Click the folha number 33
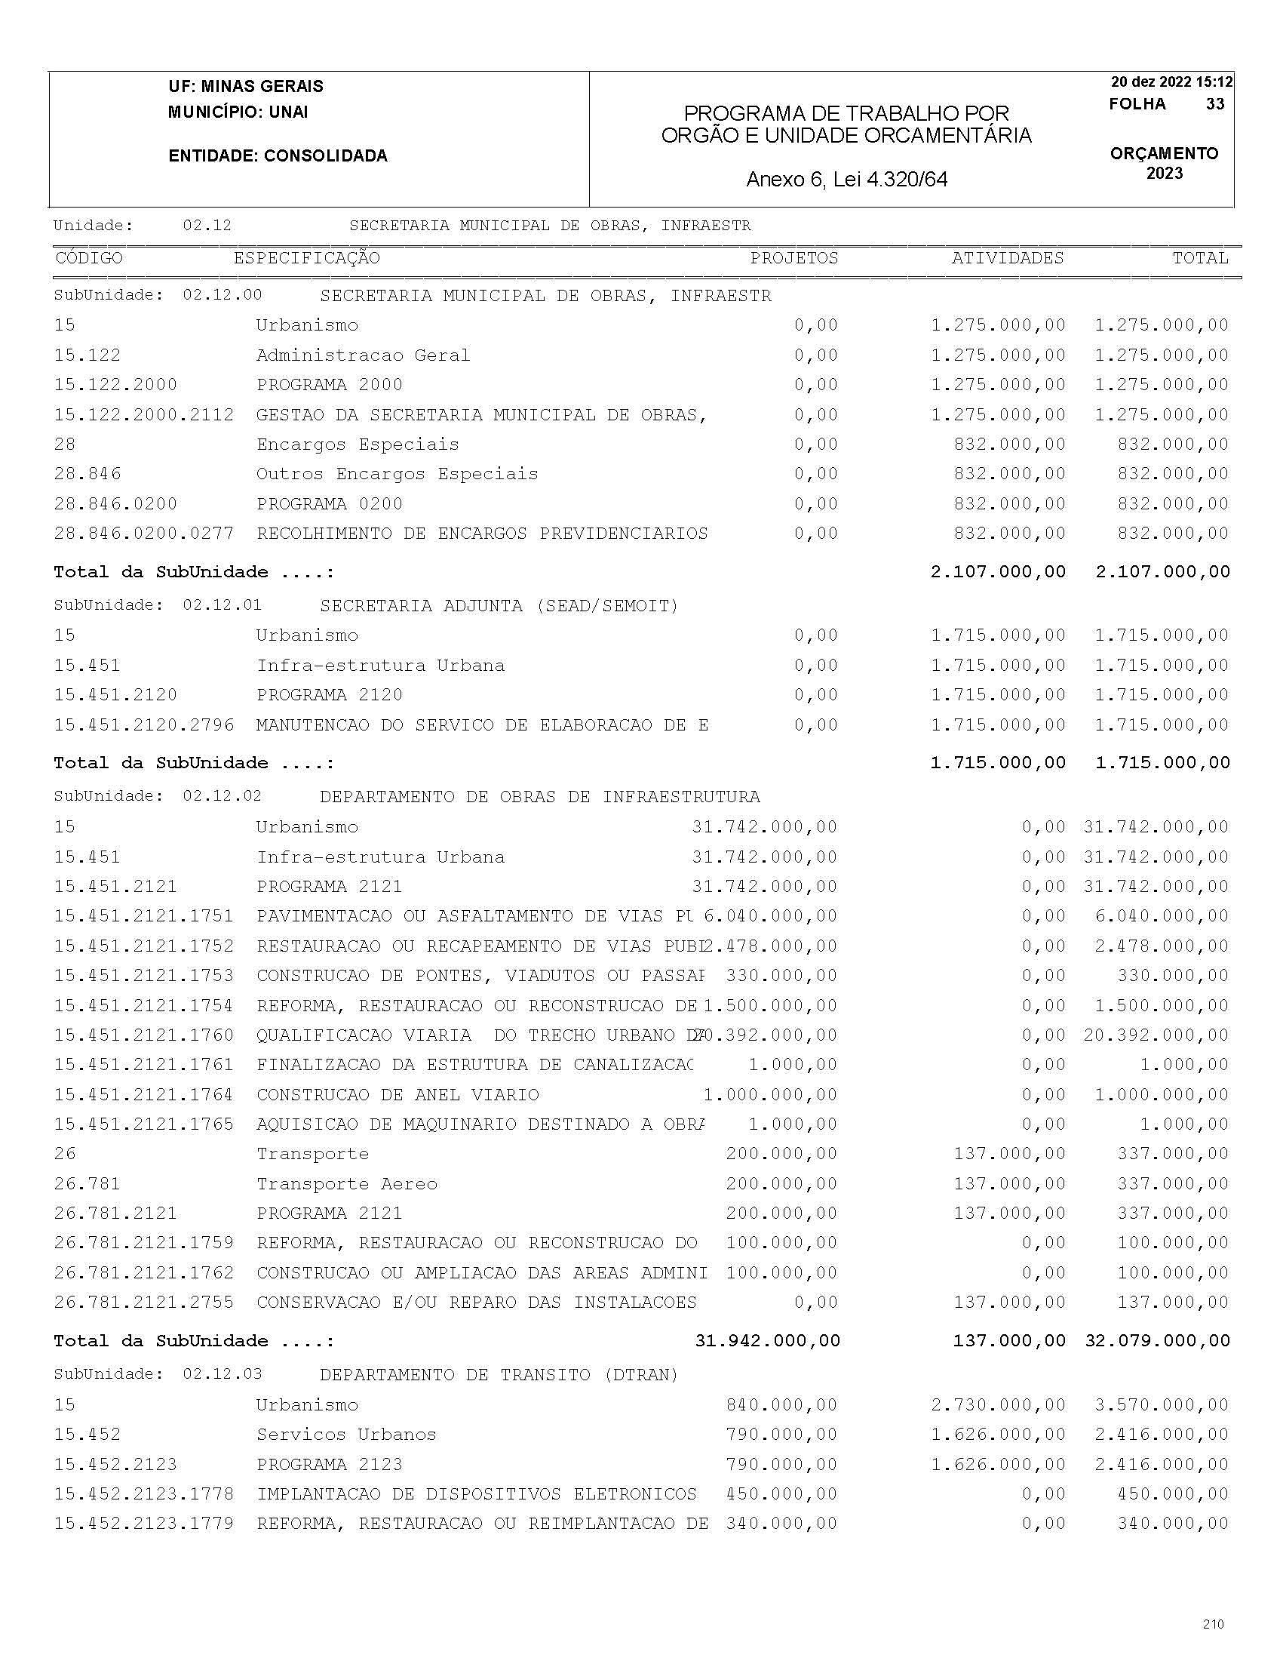point(1214,104)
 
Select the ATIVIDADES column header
point(1007,258)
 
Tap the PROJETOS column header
point(793,258)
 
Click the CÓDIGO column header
point(89,258)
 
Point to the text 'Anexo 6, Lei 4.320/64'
point(847,180)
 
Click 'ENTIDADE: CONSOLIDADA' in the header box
point(278,156)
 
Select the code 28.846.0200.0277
point(143,534)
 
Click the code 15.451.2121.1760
point(143,1035)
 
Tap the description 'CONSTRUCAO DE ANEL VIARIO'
point(397,1095)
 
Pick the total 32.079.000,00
point(1157,1341)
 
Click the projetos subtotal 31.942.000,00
point(767,1341)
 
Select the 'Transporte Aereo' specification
point(347,1184)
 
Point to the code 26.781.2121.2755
point(143,1303)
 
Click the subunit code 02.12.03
point(222,1374)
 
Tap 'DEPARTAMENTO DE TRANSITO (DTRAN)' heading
point(499,1374)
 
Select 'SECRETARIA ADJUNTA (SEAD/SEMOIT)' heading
point(499,606)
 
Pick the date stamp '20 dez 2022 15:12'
point(1171,82)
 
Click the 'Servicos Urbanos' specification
point(346,1435)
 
